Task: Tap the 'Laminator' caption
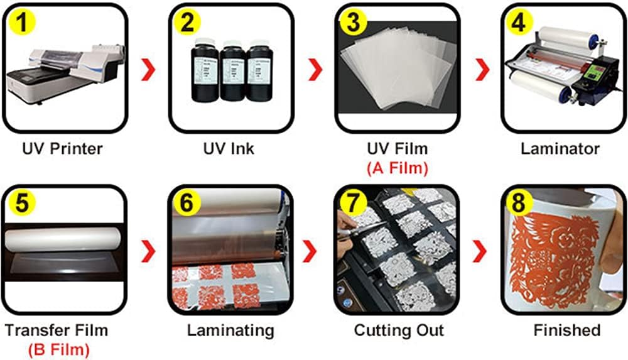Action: click(x=560, y=149)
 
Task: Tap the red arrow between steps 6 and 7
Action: click(x=312, y=251)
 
